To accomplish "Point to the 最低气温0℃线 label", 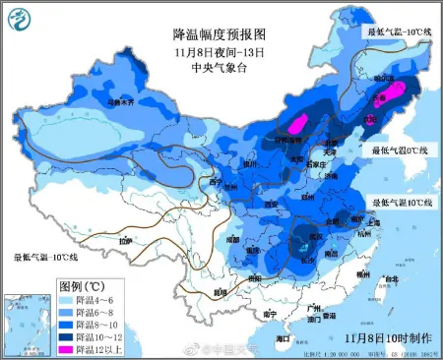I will click(400, 150).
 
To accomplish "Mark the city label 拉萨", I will click(124, 241).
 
